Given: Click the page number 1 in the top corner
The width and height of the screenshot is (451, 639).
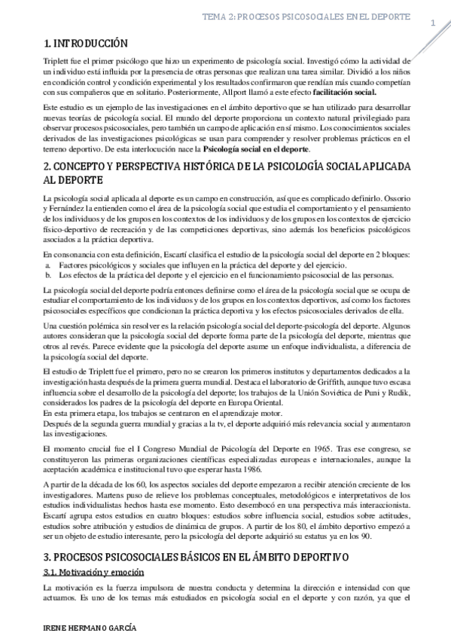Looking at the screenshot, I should click(432, 23).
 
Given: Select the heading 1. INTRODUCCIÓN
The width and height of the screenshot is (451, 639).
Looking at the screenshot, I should click(86, 44).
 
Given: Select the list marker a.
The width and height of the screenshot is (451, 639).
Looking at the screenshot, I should click(47, 267).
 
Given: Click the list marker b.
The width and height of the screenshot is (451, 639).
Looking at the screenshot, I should click(47, 276).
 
